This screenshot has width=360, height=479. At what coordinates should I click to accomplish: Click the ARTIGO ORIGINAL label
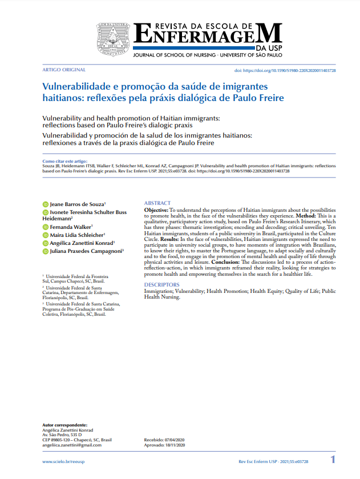pos(64,70)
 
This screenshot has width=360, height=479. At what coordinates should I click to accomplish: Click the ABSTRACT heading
pos(157,203)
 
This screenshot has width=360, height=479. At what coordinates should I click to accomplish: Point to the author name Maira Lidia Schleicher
pos(77,235)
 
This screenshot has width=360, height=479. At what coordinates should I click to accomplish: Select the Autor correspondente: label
pos(65,425)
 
